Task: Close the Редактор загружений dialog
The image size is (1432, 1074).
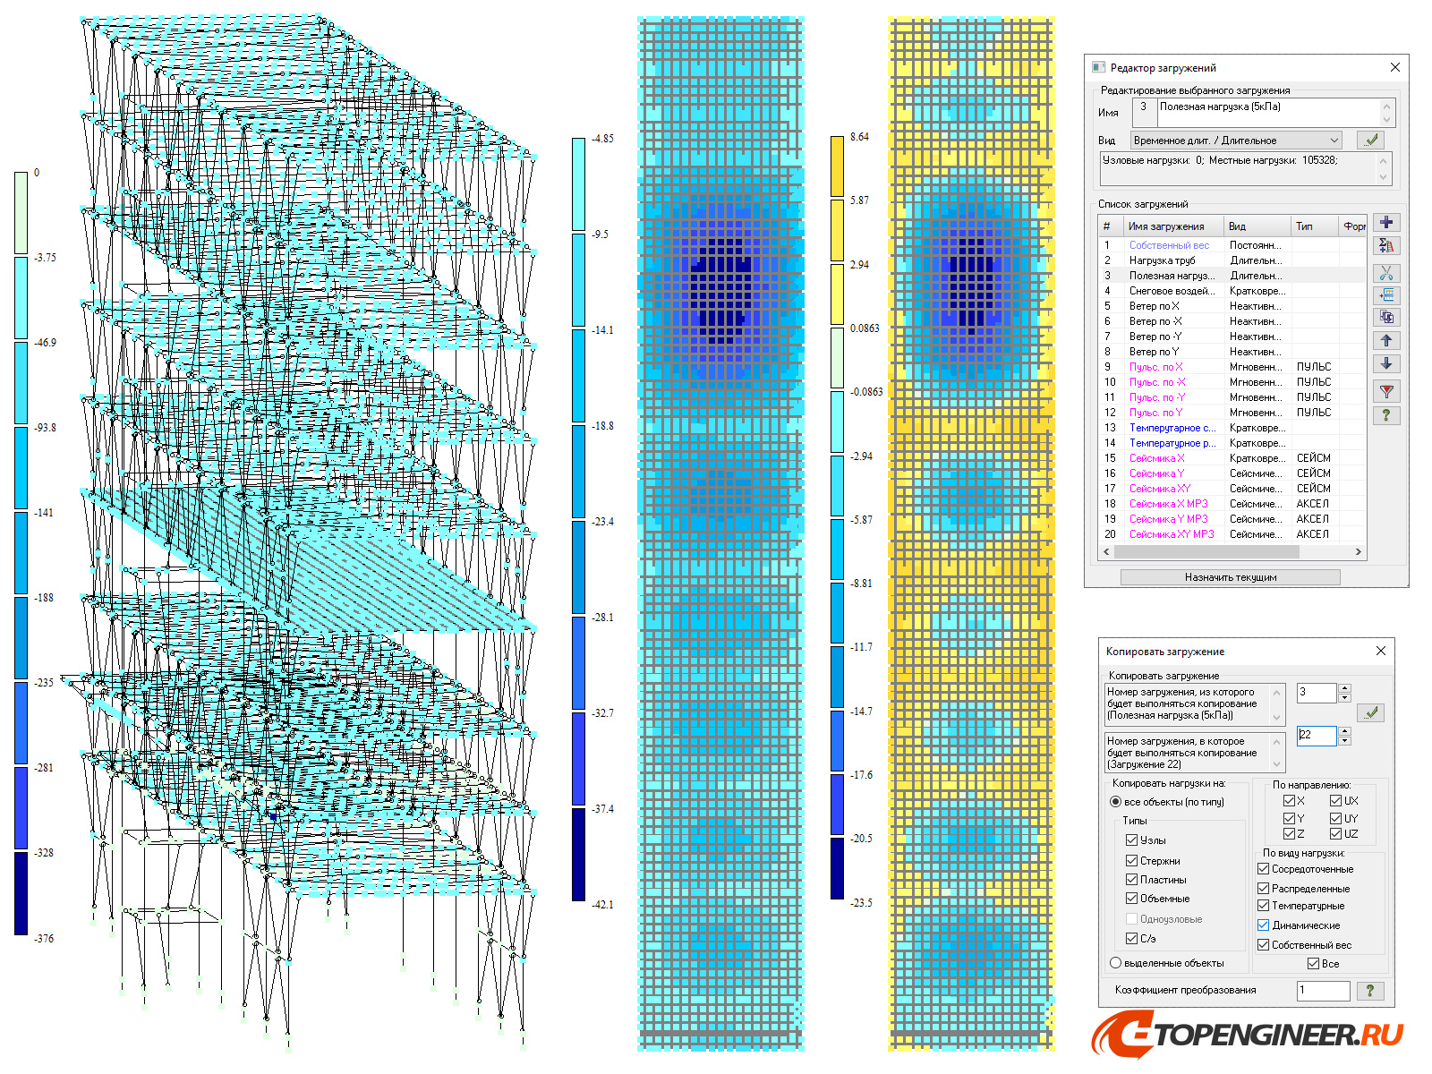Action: (x=1394, y=67)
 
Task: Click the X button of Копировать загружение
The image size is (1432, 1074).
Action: (x=1380, y=651)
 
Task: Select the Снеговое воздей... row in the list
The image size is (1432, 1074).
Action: (x=1171, y=291)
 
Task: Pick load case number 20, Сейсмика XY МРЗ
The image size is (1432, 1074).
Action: (x=1171, y=534)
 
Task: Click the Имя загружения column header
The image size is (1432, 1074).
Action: (x=1166, y=226)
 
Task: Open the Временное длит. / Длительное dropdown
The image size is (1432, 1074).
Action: (x=1334, y=141)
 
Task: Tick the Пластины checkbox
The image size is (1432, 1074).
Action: (x=1132, y=880)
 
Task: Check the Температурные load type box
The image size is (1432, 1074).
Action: (x=1264, y=906)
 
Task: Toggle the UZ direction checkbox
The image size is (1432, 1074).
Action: (x=1335, y=834)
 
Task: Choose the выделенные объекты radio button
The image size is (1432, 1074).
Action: (x=1116, y=963)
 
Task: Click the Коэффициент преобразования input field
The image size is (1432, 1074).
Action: (x=1322, y=990)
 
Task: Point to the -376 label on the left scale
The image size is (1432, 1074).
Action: (x=44, y=939)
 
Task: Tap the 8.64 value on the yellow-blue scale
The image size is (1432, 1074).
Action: (x=859, y=137)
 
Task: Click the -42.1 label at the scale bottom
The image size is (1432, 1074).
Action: (x=602, y=905)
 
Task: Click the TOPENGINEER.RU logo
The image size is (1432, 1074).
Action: (x=1249, y=1035)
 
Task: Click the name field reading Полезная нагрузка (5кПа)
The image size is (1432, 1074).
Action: (x=1266, y=107)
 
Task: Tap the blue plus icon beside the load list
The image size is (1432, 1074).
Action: (x=1386, y=223)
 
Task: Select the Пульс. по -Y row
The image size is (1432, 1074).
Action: (x=1156, y=397)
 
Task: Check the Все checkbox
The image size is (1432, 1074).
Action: (x=1313, y=964)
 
